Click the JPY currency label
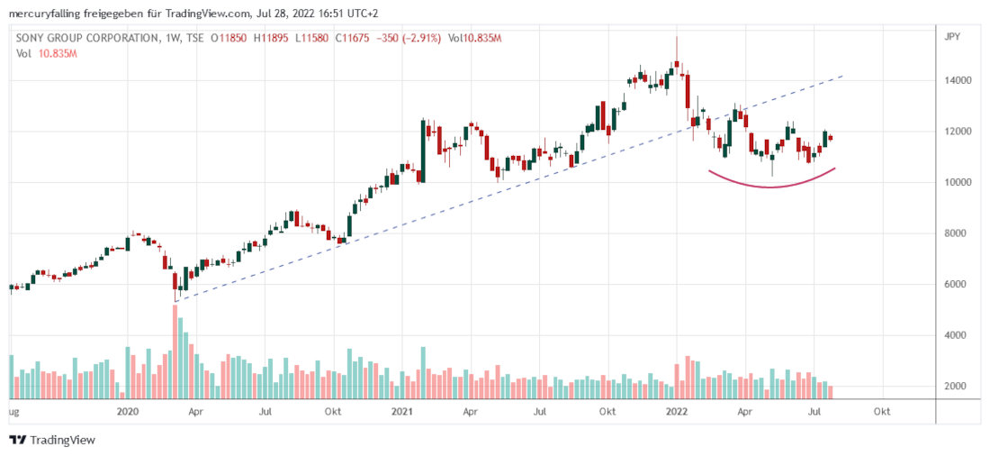click(x=952, y=38)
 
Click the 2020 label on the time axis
click(x=128, y=411)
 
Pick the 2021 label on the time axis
click(x=401, y=411)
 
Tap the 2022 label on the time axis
click(x=677, y=411)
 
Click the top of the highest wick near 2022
click(x=677, y=36)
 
